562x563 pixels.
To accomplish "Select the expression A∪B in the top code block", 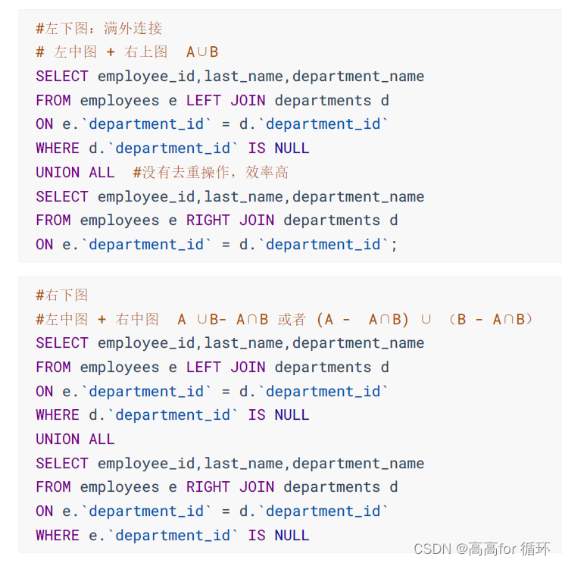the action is (202, 52).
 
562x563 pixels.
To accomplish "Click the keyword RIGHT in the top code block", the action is (208, 221).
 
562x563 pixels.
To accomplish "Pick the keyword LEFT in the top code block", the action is (204, 100).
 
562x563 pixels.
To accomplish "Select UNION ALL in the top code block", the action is (75, 173).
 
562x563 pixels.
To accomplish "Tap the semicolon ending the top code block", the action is (394, 245).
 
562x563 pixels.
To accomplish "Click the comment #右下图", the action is (62, 295).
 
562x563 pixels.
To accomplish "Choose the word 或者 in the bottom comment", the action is (292, 319).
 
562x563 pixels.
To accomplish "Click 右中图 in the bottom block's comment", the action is (137, 319).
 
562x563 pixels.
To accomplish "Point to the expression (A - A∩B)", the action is (363, 319).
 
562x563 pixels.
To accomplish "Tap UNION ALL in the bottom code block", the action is (75, 439).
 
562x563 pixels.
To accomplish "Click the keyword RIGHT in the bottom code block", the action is (208, 487).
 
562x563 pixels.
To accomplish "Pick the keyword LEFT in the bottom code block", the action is (204, 368).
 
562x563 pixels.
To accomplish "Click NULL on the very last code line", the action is (292, 536).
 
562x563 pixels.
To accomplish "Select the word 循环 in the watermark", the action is (535, 548).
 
